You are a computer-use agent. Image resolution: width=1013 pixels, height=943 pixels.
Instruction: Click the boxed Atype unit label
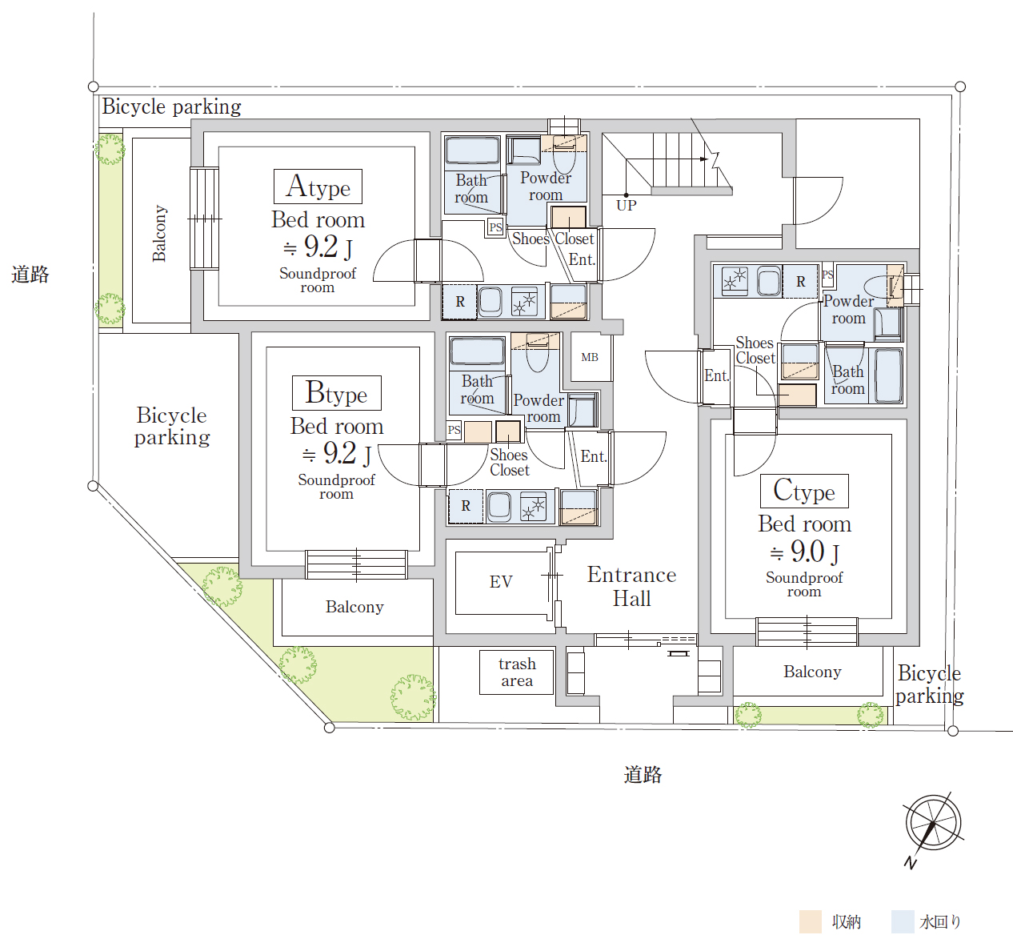tap(318, 187)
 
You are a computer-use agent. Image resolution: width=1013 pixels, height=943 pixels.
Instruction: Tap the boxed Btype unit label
tap(337, 393)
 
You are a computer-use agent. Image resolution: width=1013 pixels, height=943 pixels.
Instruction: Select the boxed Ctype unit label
tap(804, 491)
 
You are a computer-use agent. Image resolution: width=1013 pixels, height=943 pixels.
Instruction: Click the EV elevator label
tap(501, 581)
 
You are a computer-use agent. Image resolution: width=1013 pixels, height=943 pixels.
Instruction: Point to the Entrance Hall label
tap(631, 586)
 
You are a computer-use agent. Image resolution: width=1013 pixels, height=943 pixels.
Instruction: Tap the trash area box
tap(517, 672)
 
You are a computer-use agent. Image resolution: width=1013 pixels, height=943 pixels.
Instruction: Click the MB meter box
tap(591, 357)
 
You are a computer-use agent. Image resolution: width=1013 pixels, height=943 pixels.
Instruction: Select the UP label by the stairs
tap(627, 205)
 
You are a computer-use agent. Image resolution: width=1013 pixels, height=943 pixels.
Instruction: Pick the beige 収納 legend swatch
tap(811, 921)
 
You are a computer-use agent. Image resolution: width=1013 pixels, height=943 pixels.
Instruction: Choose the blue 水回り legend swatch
tap(903, 921)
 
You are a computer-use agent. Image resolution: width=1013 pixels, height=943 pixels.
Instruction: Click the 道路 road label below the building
tap(643, 775)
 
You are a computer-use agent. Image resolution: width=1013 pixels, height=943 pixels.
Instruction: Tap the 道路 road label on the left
tap(30, 274)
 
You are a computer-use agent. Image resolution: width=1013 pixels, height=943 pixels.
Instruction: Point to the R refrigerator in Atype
tap(459, 302)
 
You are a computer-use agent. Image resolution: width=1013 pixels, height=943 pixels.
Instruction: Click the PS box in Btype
tap(454, 430)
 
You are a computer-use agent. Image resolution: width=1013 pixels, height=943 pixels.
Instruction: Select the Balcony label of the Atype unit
tap(159, 233)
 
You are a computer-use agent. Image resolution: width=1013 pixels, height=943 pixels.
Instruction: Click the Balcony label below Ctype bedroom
tap(812, 672)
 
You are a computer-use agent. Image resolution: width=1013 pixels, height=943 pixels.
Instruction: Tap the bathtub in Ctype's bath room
tap(888, 375)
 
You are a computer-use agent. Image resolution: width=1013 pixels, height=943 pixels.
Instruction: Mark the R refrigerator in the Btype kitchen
tap(465, 506)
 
